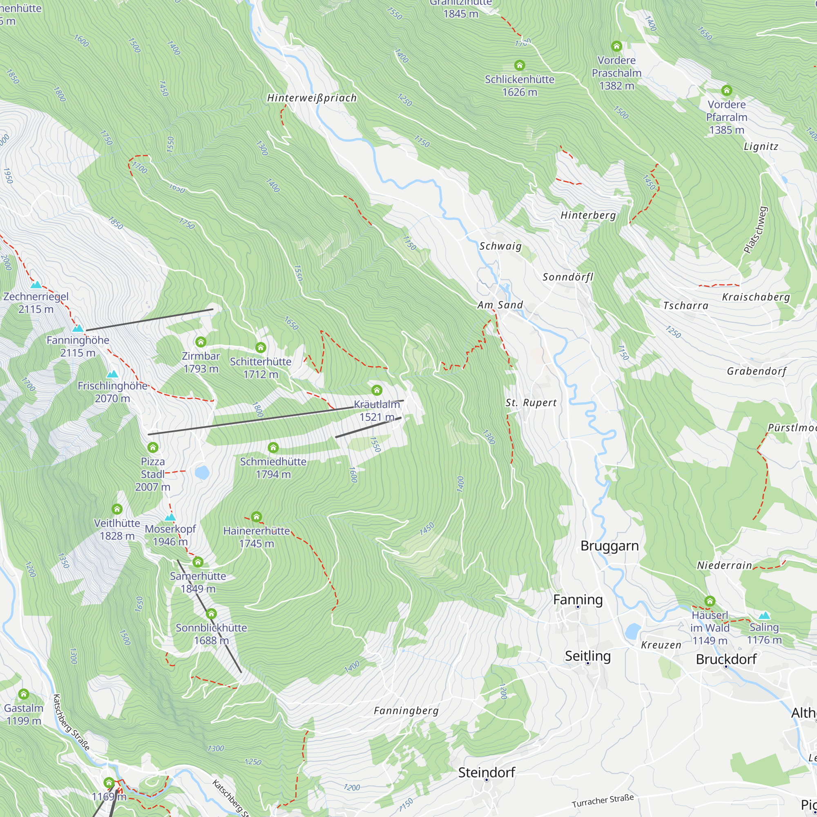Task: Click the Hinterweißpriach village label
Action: point(312,98)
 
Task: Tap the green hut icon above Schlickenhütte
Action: point(519,65)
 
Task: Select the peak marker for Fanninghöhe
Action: point(77,328)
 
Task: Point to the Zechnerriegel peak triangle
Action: point(36,285)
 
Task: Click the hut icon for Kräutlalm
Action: point(376,390)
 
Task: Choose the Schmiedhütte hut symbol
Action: point(273,447)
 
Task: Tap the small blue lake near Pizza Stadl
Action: point(202,472)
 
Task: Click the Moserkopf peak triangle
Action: point(170,517)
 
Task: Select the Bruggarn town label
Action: point(609,546)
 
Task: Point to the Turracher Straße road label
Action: point(603,801)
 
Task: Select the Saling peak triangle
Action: point(764,616)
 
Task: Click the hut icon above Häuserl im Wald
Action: point(710,601)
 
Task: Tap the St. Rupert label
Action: point(531,403)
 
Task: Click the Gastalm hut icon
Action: point(24,694)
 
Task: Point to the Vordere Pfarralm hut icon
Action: point(726,91)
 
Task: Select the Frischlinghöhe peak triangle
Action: point(112,374)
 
